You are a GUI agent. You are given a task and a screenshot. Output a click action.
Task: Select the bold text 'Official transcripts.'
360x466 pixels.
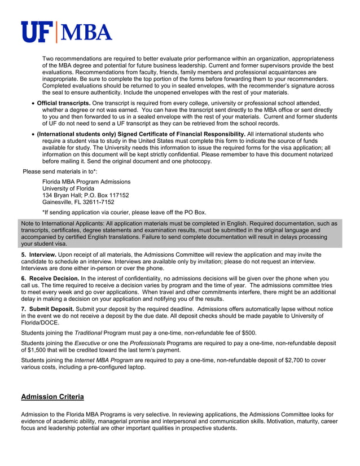coord(63,103)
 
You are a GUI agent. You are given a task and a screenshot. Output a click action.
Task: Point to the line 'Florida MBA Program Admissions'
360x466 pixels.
coord(86,182)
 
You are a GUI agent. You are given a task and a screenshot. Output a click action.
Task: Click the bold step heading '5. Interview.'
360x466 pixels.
coord(38,255)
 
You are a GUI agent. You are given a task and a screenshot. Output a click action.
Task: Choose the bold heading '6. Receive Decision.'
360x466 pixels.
coord(50,279)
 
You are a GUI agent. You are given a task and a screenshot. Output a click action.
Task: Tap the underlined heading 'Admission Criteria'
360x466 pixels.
coord(52,397)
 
